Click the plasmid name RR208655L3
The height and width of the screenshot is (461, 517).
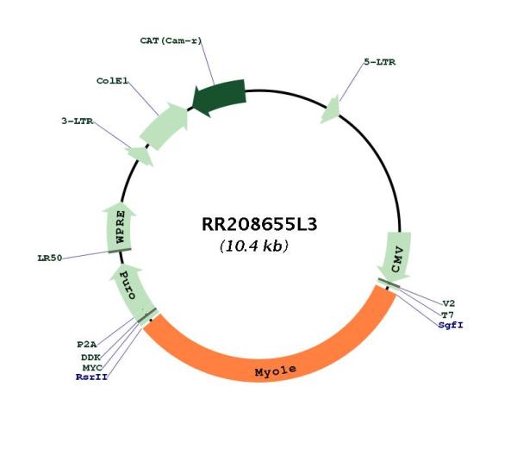pyautogui.click(x=259, y=224)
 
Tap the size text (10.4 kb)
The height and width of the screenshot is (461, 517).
pyautogui.click(x=254, y=246)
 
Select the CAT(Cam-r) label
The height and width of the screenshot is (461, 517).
pyautogui.click(x=171, y=40)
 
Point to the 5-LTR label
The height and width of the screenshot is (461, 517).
pyautogui.click(x=379, y=62)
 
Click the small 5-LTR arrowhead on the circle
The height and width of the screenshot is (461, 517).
pyautogui.click(x=331, y=109)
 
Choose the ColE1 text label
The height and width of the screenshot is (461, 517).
pyautogui.click(x=112, y=81)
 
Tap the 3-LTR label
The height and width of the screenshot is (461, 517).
pyautogui.click(x=78, y=121)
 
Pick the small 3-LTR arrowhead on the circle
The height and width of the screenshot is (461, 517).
pyautogui.click(x=140, y=156)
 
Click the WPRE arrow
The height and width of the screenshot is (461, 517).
pyautogui.click(x=120, y=229)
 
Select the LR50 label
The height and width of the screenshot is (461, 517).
pyautogui.click(x=50, y=258)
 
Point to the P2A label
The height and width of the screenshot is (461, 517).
pyautogui.click(x=87, y=345)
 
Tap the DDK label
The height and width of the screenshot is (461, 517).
pyautogui.click(x=90, y=357)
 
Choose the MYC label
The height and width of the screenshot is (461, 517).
pyautogui.click(x=92, y=367)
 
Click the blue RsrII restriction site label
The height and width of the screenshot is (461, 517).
pyautogui.click(x=91, y=377)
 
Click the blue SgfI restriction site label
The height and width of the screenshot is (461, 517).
pyautogui.click(x=451, y=325)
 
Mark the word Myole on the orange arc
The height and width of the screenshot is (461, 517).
pyautogui.click(x=276, y=371)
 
